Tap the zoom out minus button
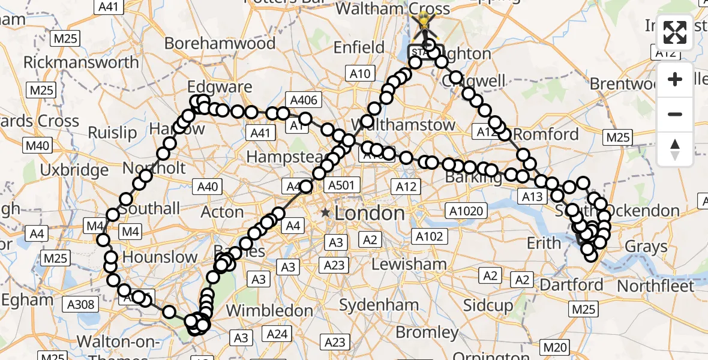tap(675, 114)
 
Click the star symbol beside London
tap(325, 212)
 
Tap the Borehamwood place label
tap(220, 44)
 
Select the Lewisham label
tap(409, 264)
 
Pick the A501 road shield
tap(341, 186)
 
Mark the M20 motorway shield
tap(554, 347)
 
